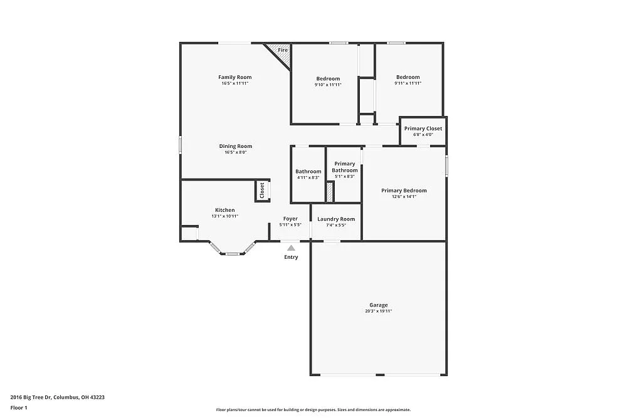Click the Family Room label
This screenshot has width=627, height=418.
[x=234, y=77]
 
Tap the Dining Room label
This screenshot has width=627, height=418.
[x=235, y=146]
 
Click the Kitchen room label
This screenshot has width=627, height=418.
[x=224, y=210]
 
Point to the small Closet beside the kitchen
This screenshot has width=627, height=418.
[x=261, y=191]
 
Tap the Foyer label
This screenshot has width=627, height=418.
[x=290, y=219]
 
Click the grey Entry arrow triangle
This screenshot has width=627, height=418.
[x=291, y=248]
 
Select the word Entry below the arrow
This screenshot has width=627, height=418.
[x=291, y=257]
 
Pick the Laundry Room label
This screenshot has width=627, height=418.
[x=336, y=219]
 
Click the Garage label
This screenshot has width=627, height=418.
[x=378, y=305]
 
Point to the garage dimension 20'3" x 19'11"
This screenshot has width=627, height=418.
[x=378, y=311]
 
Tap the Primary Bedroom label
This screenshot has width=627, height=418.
[x=404, y=191]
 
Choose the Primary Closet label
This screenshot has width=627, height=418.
[x=423, y=128]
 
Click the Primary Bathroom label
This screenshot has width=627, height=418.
[x=344, y=167]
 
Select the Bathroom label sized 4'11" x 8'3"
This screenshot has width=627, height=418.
[x=308, y=172]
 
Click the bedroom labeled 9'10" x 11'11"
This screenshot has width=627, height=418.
[x=327, y=79]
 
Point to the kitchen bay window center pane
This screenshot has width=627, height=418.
[x=232, y=254]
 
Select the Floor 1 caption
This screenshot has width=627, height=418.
[x=19, y=407]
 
